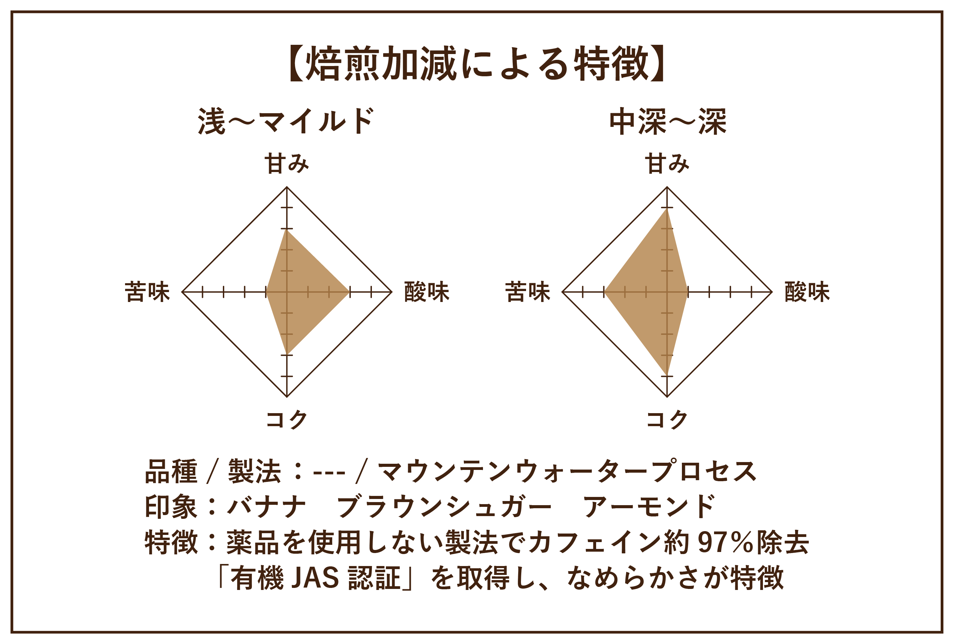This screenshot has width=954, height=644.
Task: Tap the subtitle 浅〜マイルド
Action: click(x=286, y=121)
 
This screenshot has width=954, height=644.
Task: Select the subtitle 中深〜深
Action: click(x=668, y=121)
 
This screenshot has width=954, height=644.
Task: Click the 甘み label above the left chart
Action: click(x=286, y=163)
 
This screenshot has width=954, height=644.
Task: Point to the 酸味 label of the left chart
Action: click(x=427, y=292)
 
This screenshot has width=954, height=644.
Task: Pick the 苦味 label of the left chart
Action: click(x=147, y=292)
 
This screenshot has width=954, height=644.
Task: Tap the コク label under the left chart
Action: click(x=286, y=420)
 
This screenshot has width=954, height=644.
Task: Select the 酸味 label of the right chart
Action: click(x=807, y=292)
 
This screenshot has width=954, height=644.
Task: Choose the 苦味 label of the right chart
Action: click(x=527, y=292)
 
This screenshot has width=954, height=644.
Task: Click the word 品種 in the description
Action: click(x=171, y=472)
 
